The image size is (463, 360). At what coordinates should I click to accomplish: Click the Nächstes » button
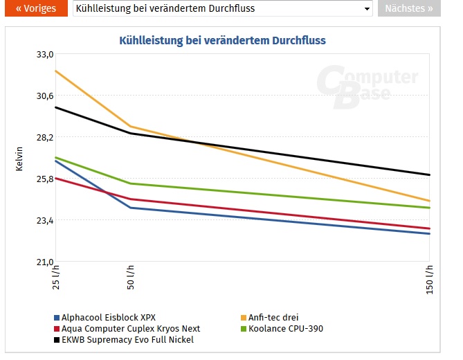408,9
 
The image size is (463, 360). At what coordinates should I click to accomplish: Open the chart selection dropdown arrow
367,9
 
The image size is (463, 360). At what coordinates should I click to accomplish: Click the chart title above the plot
222,41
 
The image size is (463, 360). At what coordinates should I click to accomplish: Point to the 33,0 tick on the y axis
44,54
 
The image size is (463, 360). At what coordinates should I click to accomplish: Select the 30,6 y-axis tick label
44,96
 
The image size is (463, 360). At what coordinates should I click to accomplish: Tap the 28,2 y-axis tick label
44,137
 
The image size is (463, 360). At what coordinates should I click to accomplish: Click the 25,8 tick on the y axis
44,179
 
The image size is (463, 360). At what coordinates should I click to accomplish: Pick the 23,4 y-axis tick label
44,220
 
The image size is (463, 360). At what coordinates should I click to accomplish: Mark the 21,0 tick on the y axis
44,262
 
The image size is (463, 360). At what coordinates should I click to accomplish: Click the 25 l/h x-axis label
56,278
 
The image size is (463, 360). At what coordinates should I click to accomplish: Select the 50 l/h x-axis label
129,278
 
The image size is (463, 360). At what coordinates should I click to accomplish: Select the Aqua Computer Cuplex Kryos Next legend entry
129,329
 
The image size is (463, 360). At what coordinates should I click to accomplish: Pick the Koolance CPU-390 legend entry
285,329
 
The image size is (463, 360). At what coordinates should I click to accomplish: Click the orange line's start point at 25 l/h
55,71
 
